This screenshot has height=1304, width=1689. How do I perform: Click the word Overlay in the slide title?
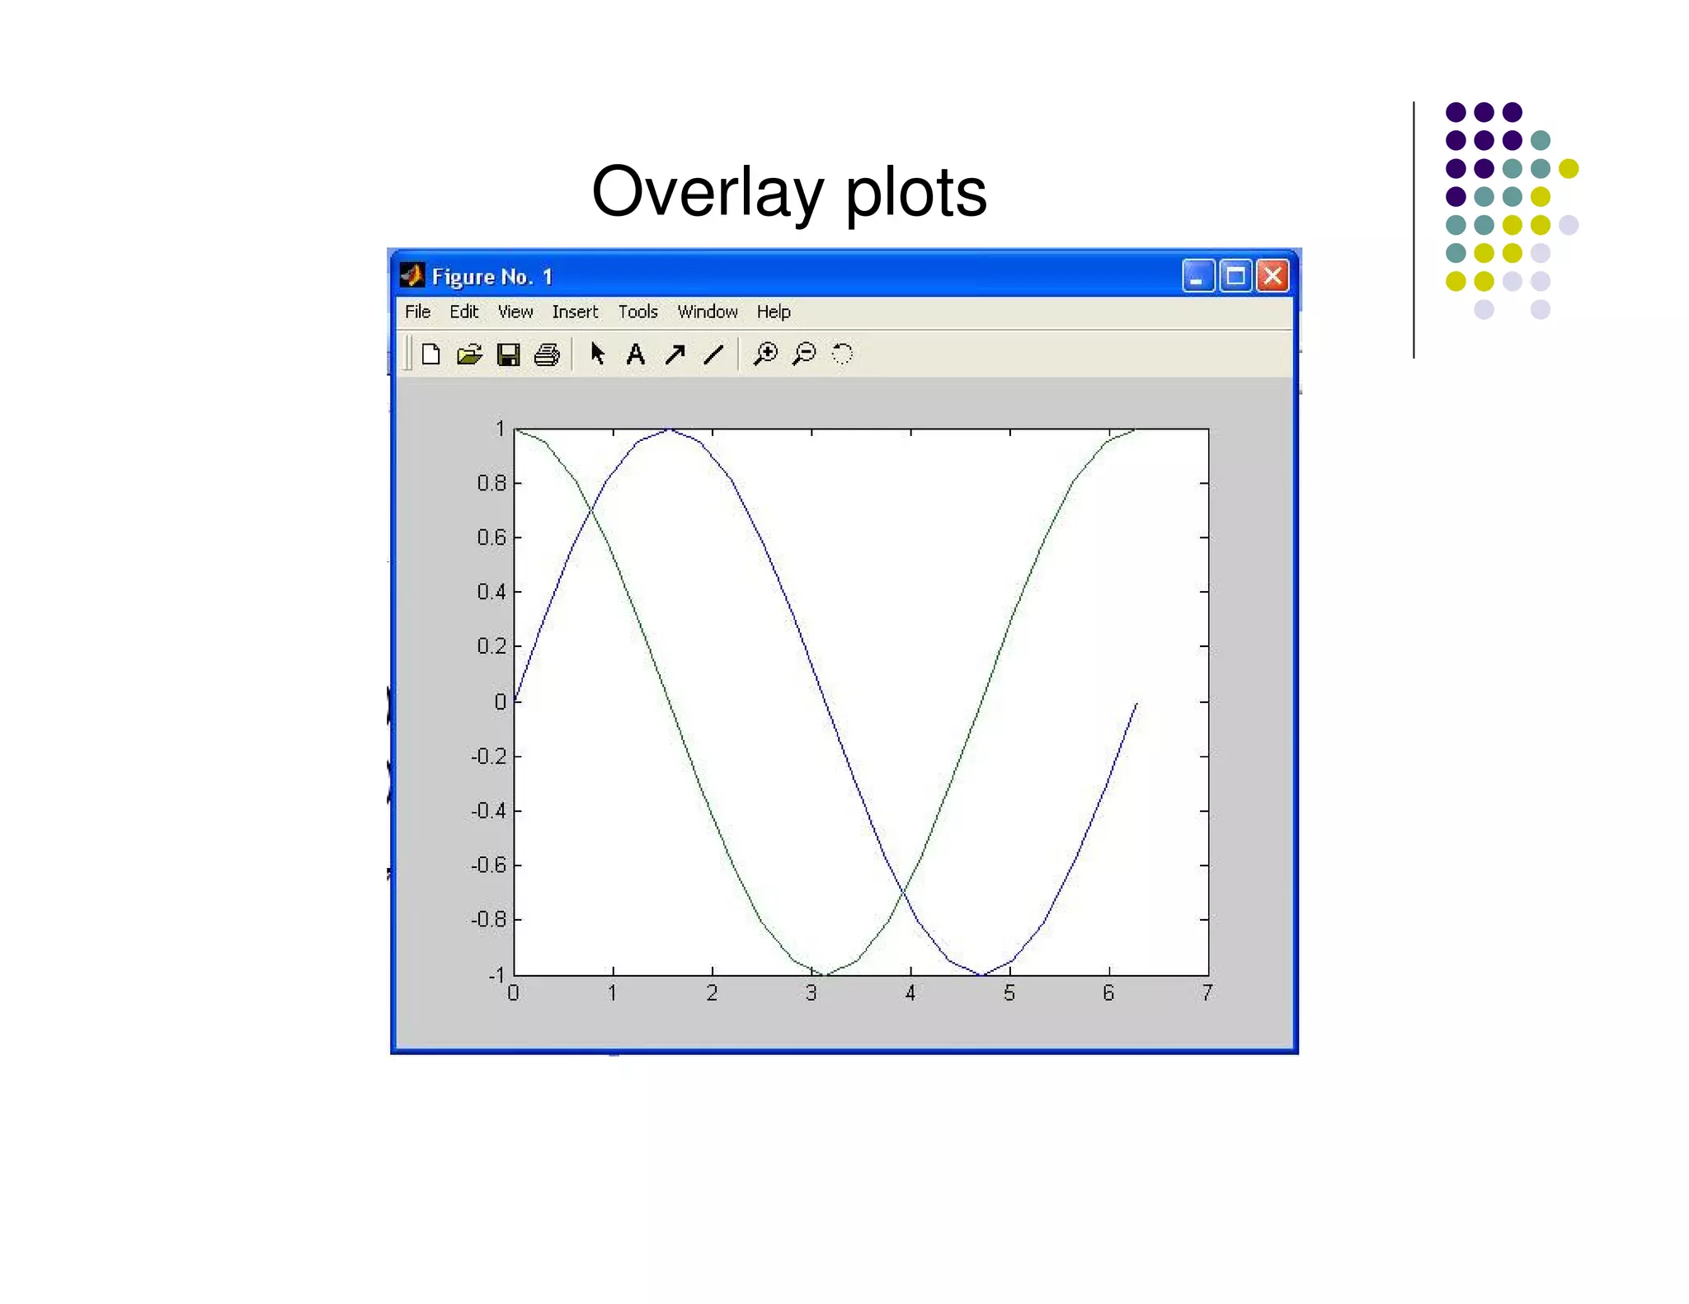[708, 193]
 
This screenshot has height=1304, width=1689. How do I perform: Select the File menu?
[417, 312]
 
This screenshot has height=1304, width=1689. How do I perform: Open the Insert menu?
[575, 312]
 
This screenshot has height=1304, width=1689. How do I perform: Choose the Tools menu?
[637, 312]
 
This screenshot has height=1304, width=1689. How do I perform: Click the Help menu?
[774, 312]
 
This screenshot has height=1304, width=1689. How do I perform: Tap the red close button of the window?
[1273, 276]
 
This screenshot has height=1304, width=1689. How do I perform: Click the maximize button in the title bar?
[1235, 276]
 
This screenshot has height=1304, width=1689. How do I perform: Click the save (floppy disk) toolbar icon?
[508, 354]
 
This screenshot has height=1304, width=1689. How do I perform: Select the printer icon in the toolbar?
[547, 354]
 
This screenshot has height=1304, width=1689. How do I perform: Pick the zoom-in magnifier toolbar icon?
[765, 354]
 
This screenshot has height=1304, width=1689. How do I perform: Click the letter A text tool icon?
[635, 354]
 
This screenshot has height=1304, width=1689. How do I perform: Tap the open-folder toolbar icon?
[469, 354]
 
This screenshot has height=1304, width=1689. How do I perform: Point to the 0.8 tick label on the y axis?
[492, 483]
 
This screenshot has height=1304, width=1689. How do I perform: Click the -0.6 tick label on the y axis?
[489, 865]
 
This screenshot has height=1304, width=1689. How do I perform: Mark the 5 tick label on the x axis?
[1009, 993]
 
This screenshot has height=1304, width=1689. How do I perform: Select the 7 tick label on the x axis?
[1207, 993]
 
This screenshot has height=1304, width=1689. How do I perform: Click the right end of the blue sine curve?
[1136, 703]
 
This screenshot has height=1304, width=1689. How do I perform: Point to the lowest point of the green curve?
[826, 974]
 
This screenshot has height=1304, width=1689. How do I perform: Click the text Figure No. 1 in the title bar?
[492, 277]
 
